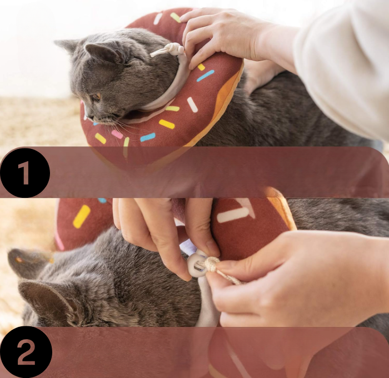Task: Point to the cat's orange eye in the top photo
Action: (x=97, y=97)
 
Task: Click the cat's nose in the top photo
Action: (x=86, y=116)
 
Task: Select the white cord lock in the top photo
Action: (x=178, y=49)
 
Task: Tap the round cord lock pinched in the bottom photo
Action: (x=197, y=263)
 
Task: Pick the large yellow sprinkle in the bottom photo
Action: (x=82, y=216)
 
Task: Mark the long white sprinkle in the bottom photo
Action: (x=233, y=215)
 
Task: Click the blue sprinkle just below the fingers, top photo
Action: (x=206, y=76)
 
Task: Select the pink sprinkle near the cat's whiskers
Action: (x=117, y=135)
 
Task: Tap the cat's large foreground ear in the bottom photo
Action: (x=49, y=298)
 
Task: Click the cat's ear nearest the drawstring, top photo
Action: (x=104, y=52)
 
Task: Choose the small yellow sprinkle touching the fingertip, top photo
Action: (x=201, y=67)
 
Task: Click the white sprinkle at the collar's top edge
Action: (x=157, y=18)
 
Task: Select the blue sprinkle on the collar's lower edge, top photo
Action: (x=148, y=137)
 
